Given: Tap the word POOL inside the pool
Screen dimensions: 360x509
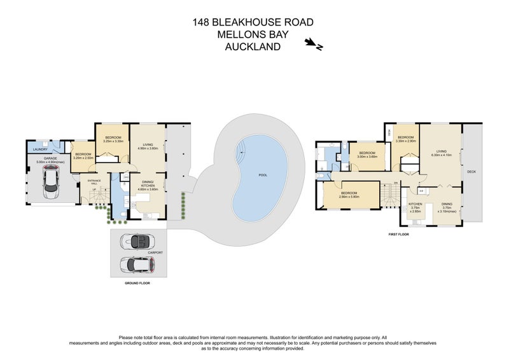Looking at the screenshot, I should [263, 175].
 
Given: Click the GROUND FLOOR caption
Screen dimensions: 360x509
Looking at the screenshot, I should [137, 282].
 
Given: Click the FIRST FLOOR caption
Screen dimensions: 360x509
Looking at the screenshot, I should [398, 235].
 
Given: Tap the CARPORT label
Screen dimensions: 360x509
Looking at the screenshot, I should [156, 253].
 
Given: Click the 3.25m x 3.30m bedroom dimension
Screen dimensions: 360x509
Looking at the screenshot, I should [113, 141].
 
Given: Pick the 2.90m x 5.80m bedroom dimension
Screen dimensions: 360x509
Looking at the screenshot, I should [350, 197].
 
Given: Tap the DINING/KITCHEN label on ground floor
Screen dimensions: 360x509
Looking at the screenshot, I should [148, 184].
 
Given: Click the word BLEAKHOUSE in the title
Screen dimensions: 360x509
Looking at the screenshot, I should [253, 23].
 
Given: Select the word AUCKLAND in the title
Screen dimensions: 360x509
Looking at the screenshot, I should [253, 46].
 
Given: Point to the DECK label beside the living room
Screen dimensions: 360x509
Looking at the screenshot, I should [471, 172].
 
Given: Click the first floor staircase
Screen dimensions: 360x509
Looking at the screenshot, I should [389, 193].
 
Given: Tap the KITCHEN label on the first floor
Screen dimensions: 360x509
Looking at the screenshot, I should [415, 204].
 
